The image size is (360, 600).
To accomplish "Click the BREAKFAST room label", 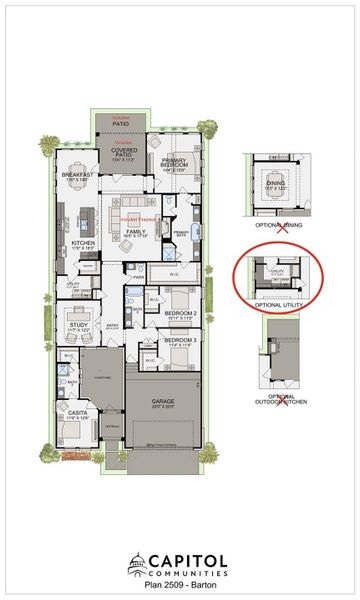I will point(76,175).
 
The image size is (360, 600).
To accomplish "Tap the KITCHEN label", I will point(83,243).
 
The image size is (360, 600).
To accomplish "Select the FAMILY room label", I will point(135,233).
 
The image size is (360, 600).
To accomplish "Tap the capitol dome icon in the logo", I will point(138,566).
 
